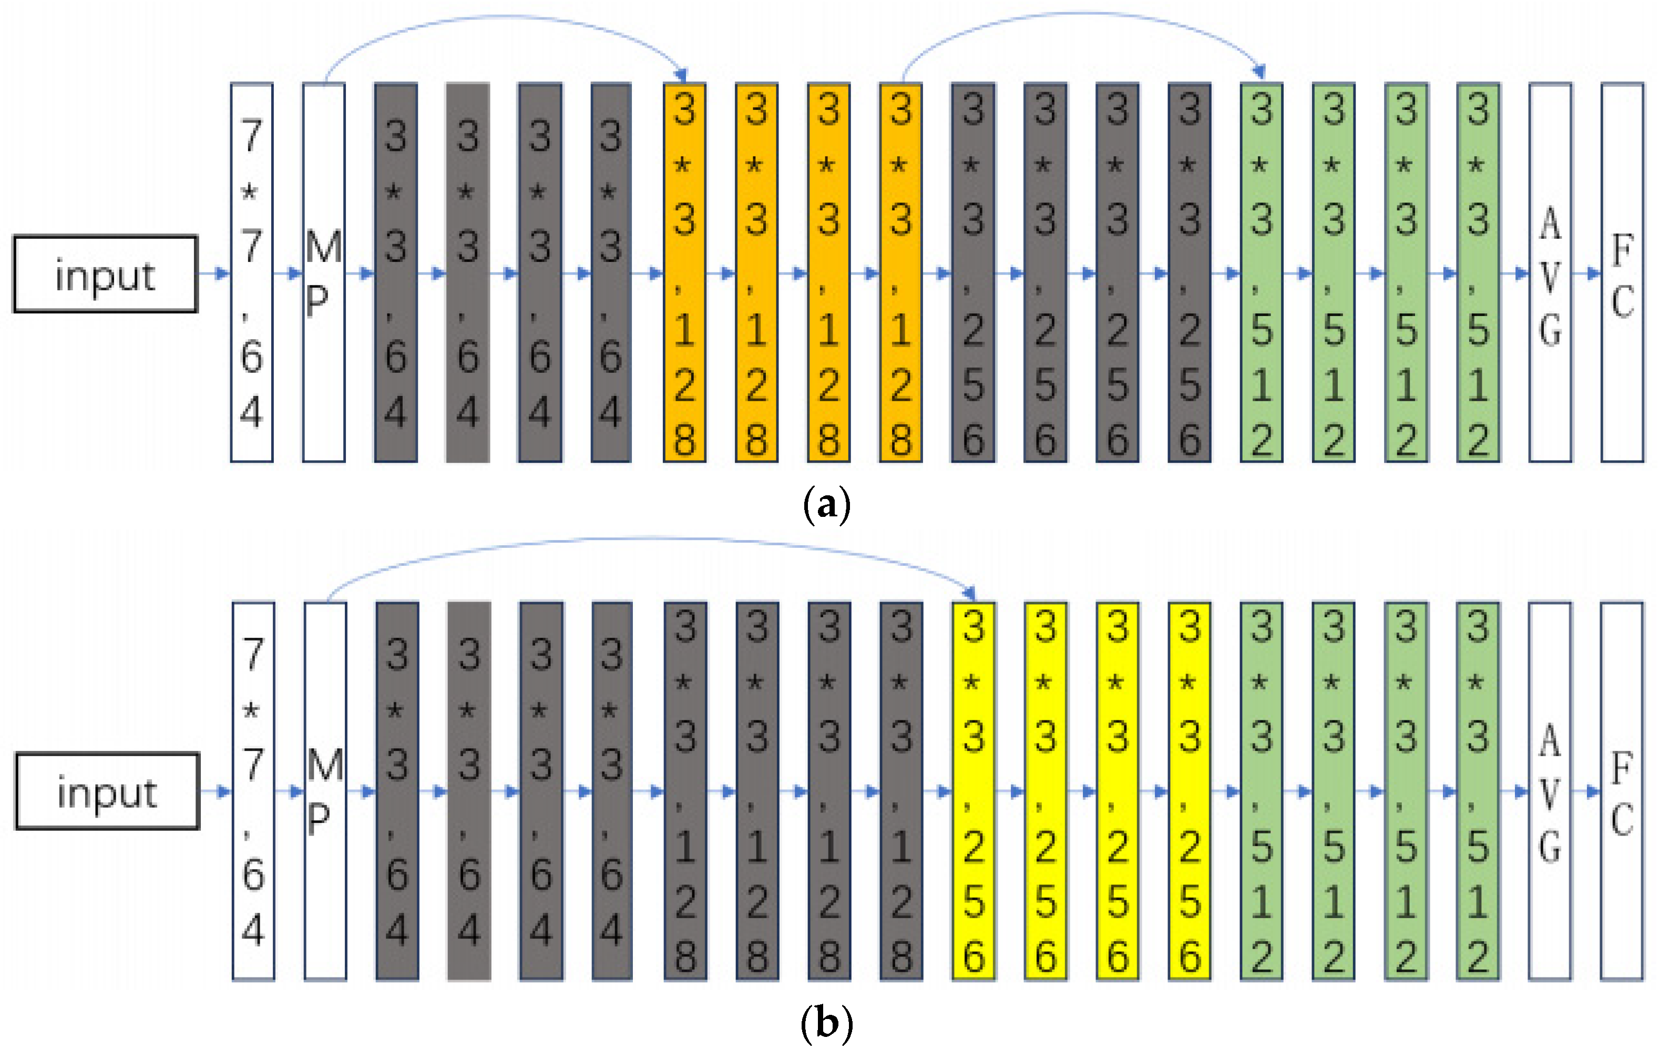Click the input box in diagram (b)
[x=108, y=791]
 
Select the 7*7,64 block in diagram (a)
[x=252, y=273]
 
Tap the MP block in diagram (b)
[x=325, y=791]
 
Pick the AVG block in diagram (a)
[x=1550, y=273]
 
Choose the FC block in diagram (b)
[x=1622, y=791]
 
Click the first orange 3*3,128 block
[x=684, y=273]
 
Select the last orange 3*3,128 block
[x=900, y=273]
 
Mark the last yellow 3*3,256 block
[x=1189, y=791]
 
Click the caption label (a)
[x=826, y=505]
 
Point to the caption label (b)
[x=826, y=1024]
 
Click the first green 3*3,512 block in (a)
[x=1261, y=273]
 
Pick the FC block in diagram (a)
[x=1622, y=273]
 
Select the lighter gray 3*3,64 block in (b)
[x=469, y=791]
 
